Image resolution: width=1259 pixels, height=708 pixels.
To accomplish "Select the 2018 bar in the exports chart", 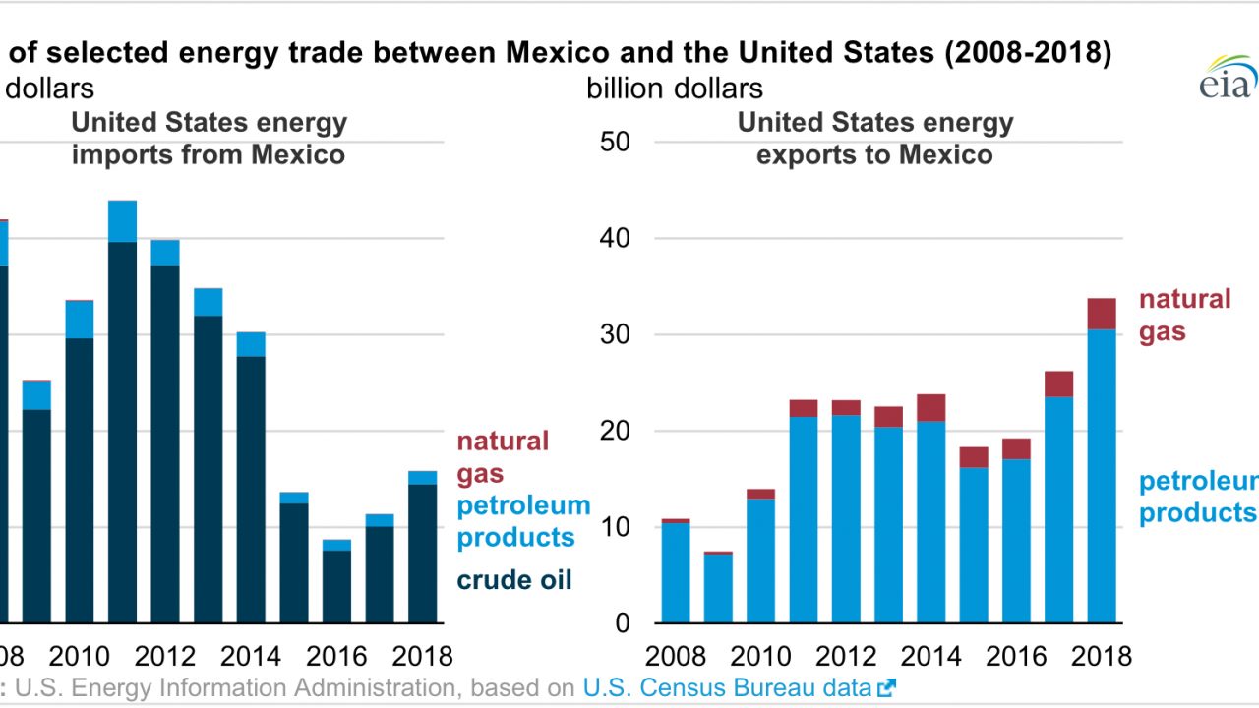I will click(x=1101, y=462).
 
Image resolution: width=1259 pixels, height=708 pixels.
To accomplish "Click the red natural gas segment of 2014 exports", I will click(x=931, y=408).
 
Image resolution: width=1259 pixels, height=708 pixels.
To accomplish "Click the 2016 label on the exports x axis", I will click(x=1015, y=655).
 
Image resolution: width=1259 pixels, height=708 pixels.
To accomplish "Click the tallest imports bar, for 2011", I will click(x=123, y=413).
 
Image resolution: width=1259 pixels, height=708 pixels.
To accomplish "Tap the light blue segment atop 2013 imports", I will click(x=209, y=302).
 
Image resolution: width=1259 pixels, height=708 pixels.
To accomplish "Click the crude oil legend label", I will click(x=514, y=580).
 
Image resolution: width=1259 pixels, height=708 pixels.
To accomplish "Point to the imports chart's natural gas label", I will click(x=503, y=457).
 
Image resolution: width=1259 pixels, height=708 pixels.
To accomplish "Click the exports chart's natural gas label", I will click(x=1185, y=316).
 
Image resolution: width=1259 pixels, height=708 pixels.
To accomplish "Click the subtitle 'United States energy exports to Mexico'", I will click(x=875, y=139).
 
